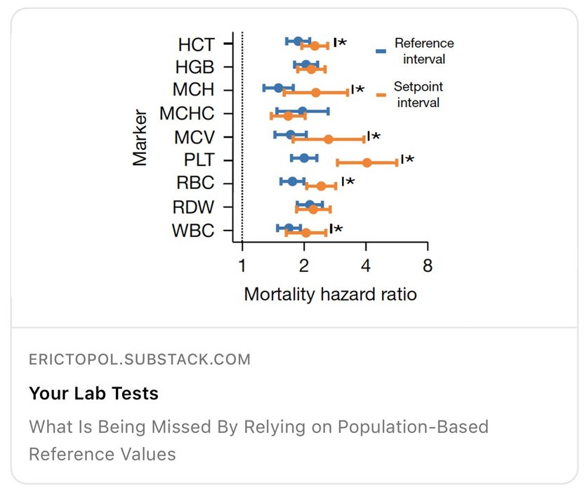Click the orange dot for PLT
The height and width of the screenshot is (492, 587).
[x=367, y=162]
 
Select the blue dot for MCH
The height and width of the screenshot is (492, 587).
[x=278, y=88]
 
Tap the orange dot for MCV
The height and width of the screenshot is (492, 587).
[x=328, y=139]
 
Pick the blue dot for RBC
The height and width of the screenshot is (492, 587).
[x=292, y=181]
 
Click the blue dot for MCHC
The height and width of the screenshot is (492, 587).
[x=302, y=111]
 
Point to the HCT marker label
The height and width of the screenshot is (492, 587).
[x=196, y=44]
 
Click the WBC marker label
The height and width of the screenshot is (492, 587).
[x=192, y=231]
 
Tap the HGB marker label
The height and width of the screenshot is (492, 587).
[x=194, y=67]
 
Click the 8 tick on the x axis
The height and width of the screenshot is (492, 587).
[x=427, y=266]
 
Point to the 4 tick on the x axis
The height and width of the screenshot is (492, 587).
[x=366, y=266]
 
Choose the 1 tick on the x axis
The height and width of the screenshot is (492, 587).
[x=242, y=266]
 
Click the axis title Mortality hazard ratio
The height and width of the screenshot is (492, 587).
[x=330, y=294]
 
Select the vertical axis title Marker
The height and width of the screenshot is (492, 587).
[x=140, y=136]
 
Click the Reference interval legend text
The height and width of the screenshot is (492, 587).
[x=423, y=51]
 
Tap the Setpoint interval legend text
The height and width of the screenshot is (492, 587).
[x=418, y=95]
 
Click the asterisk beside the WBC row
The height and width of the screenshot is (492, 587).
[x=338, y=229]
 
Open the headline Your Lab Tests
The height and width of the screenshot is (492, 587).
[x=93, y=393]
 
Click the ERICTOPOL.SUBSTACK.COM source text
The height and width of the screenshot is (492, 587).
[x=139, y=359]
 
